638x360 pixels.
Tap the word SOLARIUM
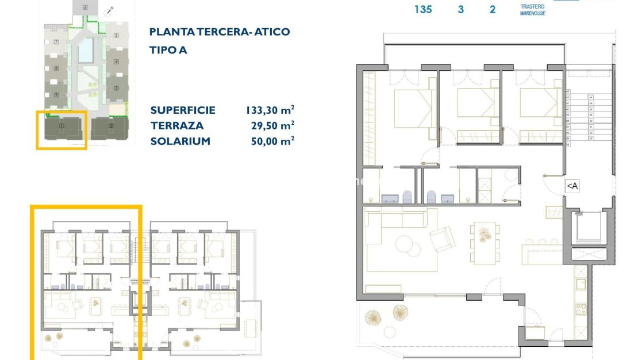coord(180,141)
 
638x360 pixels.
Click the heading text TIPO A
coord(168,50)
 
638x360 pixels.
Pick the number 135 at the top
coord(423,9)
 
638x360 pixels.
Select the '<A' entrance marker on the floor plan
coord(572,186)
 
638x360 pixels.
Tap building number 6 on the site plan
coord(85,7)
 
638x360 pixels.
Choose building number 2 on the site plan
coord(111,125)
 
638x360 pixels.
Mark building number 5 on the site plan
coord(116,36)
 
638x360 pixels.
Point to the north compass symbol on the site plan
coord(109,10)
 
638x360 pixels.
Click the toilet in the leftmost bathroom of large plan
coord(408,197)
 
